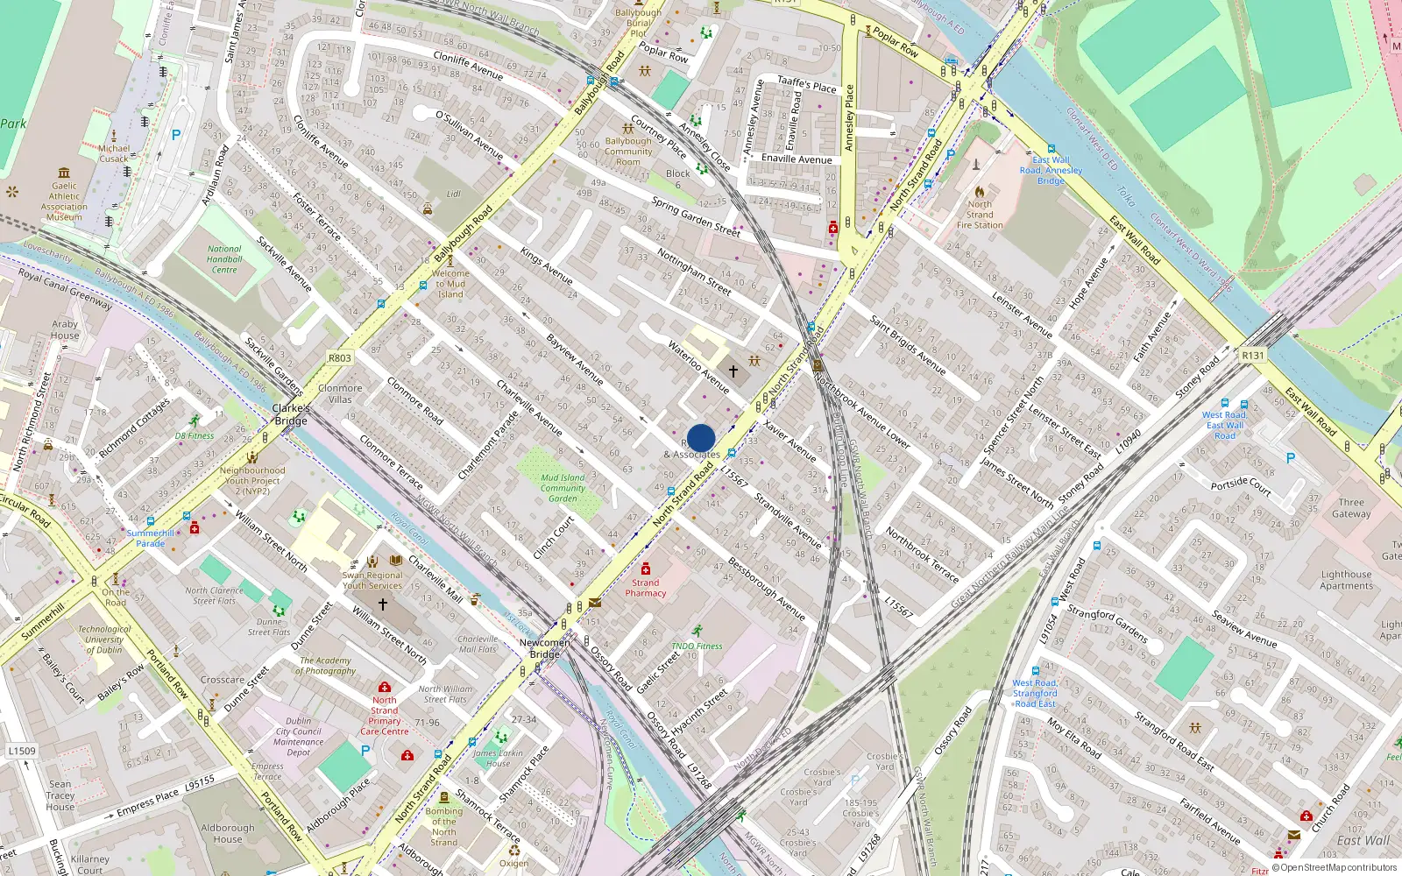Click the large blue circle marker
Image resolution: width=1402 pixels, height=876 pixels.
coord(701,438)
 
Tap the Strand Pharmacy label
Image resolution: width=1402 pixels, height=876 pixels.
coord(646,588)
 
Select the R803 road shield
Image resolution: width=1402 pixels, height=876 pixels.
coord(340,357)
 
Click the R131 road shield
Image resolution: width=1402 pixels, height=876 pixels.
coord(1253,355)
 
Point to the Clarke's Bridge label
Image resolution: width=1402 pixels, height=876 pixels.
coord(291,414)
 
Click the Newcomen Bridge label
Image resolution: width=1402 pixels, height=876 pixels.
coord(545,648)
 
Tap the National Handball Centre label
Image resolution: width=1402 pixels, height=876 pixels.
coord(224,259)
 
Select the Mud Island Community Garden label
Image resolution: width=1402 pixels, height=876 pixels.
coord(563,488)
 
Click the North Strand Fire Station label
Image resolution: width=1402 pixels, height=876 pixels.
coord(980,215)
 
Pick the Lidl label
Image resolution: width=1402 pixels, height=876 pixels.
coord(454,194)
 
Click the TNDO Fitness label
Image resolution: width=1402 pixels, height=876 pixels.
coord(697,646)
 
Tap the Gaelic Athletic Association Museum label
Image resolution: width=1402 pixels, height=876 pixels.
coord(64,201)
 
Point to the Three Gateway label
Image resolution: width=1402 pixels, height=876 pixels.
coord(1351,508)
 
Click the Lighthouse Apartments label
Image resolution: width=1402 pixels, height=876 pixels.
coord(1347,580)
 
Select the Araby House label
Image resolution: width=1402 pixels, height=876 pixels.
coord(65,329)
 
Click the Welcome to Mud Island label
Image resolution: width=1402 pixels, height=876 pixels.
coord(450,284)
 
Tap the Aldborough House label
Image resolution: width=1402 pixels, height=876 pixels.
coord(228,833)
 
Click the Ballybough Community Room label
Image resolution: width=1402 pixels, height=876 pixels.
coord(628,151)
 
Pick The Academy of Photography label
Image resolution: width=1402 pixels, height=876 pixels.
coord(326,666)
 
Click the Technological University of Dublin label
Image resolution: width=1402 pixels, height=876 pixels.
coord(104,639)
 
